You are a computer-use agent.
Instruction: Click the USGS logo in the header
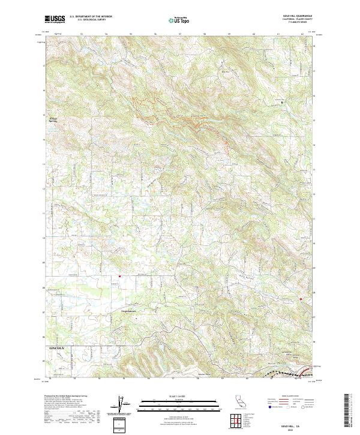pos(55,19)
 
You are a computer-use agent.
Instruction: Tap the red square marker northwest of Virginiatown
pos(119,276)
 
